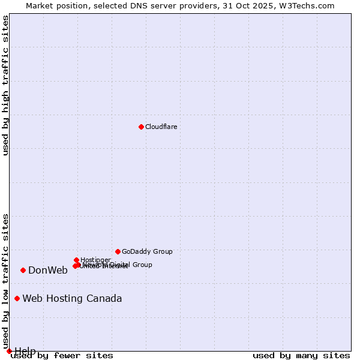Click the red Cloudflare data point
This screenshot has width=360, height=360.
(141, 127)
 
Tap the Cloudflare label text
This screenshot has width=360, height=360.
(161, 127)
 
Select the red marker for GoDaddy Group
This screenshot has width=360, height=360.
(118, 251)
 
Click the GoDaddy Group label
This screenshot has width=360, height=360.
(147, 252)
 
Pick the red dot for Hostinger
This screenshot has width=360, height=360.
(76, 260)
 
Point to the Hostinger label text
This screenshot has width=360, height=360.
(95, 260)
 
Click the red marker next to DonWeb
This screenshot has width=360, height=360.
(23, 270)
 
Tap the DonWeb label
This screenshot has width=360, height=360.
(48, 270)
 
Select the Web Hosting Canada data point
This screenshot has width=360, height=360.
(17, 298)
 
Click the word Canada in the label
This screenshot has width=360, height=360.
(104, 299)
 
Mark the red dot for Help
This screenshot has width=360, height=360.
(9, 351)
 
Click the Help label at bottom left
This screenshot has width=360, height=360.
(25, 351)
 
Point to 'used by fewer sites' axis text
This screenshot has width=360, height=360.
(62, 355)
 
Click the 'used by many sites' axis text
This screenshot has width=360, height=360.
(301, 355)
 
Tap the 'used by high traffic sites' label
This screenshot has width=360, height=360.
(6, 86)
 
